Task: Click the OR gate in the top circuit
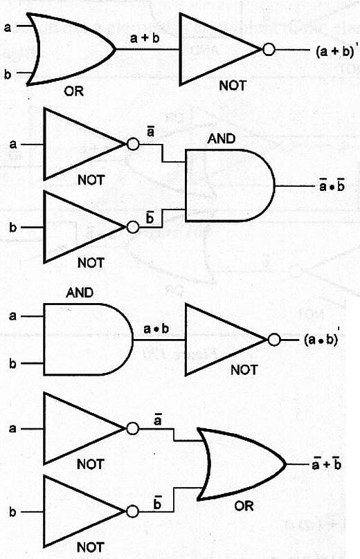[71, 49]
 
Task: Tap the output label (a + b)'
[334, 51]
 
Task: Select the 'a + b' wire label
[145, 38]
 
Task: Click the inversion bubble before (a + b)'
[269, 50]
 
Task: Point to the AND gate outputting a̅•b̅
[230, 185]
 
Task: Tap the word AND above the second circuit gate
[222, 138]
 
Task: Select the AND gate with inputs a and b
[88, 340]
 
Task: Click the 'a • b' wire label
[156, 329]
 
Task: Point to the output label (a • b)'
[321, 339]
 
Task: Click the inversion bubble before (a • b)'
[273, 340]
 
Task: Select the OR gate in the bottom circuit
[242, 464]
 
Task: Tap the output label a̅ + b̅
[327, 464]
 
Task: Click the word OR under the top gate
[74, 91]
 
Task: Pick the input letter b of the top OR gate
[8, 74]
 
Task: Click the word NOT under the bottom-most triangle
[90, 547]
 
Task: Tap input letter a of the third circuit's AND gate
[13, 316]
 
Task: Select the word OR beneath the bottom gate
[244, 506]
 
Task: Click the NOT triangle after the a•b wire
[226, 340]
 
